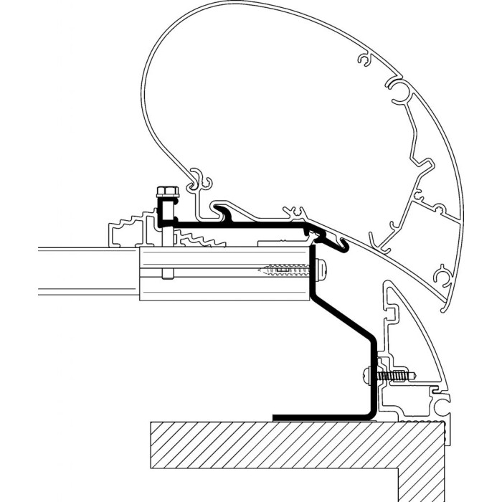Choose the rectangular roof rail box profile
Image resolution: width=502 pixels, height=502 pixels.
pyautogui.click(x=222, y=273)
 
